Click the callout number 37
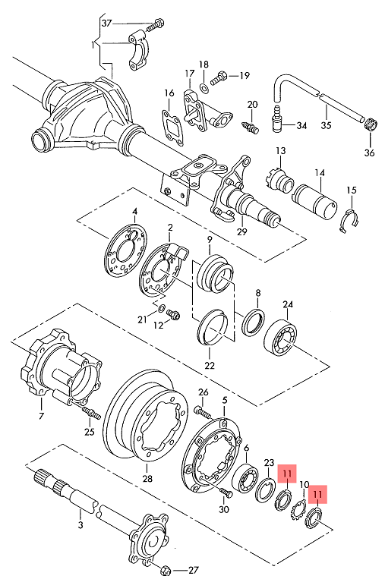point(106,24)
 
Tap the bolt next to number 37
point(156,25)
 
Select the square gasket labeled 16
point(172,127)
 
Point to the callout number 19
point(245,76)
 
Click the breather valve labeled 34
point(277,120)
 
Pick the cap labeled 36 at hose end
point(371,124)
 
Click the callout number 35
point(326,125)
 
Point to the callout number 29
point(242,231)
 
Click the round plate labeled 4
point(125,250)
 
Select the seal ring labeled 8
point(254,322)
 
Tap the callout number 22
point(210,366)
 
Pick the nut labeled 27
point(166,571)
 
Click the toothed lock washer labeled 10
point(298,511)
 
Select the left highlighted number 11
point(287,474)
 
